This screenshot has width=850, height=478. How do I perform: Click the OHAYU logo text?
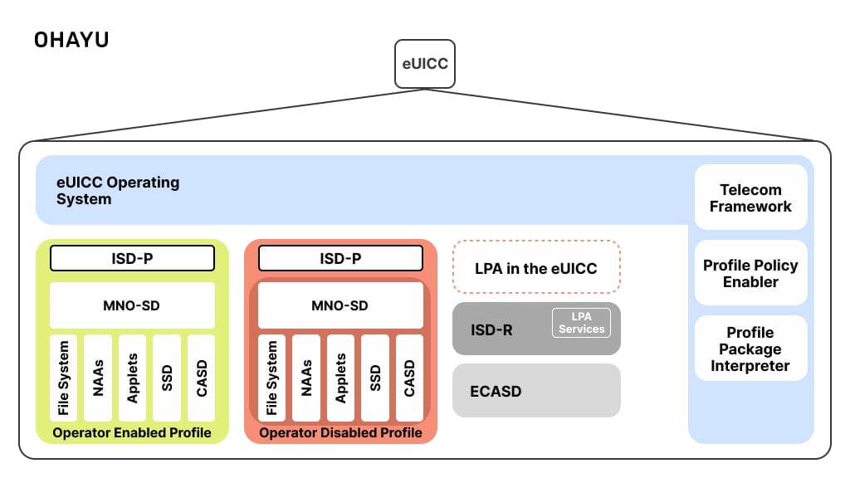pos(71,40)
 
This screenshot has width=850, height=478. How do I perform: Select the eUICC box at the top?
pos(424,64)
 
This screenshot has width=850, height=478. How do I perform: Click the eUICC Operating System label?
pos(118,190)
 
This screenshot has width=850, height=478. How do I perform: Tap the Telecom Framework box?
pos(750,198)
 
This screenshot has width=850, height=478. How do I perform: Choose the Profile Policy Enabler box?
pos(750,273)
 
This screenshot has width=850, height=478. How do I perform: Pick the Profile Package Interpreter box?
pos(750,349)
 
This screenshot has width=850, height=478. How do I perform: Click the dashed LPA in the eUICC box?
pos(536,267)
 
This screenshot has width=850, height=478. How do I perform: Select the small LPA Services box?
pos(581,323)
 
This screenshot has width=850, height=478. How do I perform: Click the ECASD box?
pos(536,390)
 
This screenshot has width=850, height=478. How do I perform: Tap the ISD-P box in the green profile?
pos(132,258)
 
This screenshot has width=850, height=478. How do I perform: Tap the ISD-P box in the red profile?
pos(340,258)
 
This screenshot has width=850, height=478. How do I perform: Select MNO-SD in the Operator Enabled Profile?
pos(132,305)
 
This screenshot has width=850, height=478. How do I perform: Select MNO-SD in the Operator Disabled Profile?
pos(340,305)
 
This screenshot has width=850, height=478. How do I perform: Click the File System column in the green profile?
pos(64,378)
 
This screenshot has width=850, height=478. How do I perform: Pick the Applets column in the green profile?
pos(132,378)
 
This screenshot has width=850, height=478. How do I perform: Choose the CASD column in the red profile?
pos(409,378)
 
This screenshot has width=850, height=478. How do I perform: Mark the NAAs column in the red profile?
pos(306,378)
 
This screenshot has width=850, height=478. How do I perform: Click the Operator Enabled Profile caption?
pos(132,432)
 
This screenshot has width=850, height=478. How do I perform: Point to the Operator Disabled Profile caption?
pos(340,432)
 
